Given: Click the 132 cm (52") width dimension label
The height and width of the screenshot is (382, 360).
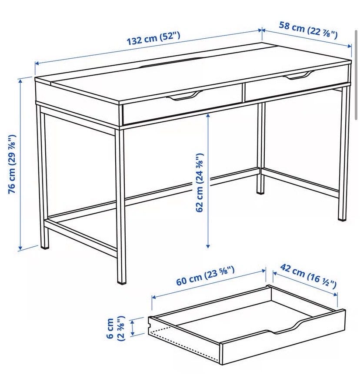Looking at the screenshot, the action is (153, 38).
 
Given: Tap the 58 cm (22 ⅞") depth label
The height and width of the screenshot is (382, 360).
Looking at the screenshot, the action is (308, 30).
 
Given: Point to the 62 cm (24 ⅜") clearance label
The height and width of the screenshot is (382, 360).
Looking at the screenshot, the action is (200, 183).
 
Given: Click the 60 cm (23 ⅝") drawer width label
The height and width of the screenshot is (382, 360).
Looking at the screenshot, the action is (205, 276).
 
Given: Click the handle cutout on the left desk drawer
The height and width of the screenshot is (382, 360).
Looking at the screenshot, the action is (184, 96).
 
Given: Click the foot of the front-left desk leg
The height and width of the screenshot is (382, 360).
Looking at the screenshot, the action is (45, 247).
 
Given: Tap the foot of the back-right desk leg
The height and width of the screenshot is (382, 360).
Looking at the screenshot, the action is (342, 219).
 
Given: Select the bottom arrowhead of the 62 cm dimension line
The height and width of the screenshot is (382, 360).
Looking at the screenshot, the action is (208, 246).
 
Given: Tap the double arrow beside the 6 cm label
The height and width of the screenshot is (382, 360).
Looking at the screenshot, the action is (133, 328).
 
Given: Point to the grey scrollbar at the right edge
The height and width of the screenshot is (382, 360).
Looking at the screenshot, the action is (357, 76).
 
